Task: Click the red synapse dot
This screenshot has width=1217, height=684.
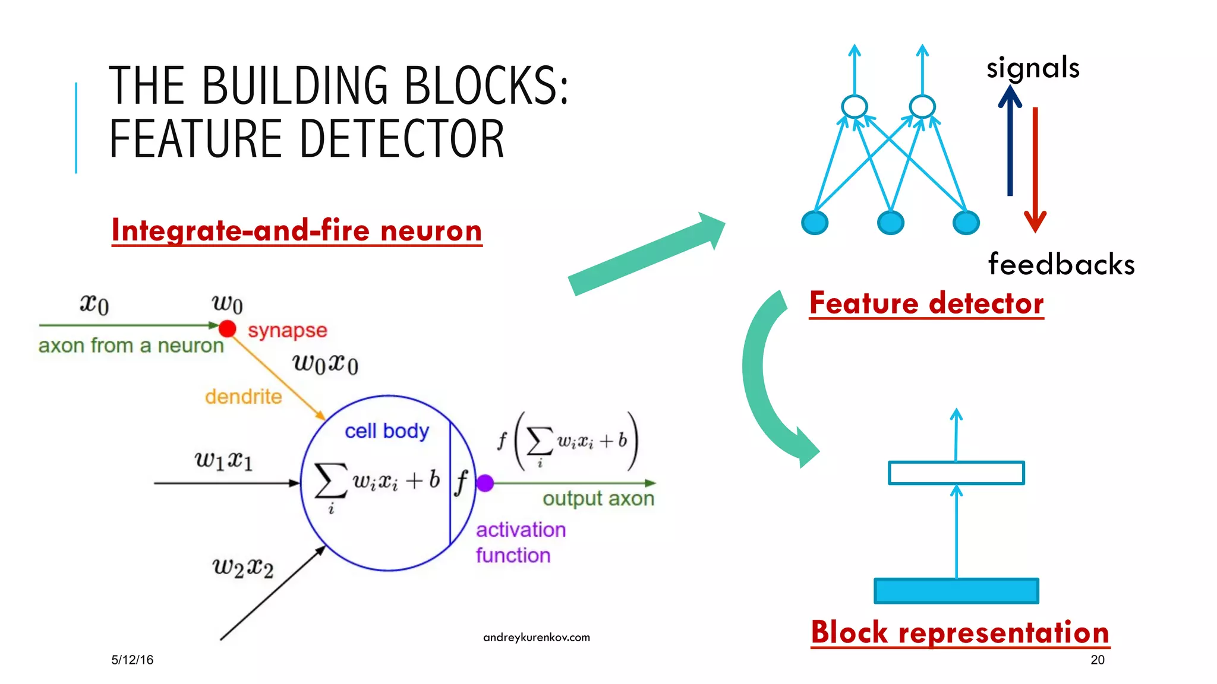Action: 227,328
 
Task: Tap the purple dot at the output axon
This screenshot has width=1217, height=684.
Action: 485,483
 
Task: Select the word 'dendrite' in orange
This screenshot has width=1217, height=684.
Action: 243,396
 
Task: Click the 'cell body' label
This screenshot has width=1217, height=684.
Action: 386,430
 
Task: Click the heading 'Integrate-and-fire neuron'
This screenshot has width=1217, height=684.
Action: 297,230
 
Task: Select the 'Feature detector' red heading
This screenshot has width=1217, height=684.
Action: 926,303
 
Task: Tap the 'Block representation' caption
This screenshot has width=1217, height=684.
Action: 960,632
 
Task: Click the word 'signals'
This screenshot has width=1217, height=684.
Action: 1033,68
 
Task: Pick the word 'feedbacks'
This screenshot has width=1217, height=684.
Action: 1061,264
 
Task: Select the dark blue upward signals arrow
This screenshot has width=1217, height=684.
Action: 1010,142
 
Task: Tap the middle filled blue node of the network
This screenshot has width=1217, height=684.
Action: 890,223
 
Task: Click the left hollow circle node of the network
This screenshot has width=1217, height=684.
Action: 854,107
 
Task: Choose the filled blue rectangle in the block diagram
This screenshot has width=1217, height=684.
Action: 956,591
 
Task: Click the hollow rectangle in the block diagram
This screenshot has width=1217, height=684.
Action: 956,473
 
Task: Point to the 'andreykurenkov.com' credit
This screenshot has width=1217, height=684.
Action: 536,637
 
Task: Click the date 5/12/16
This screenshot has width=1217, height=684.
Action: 132,660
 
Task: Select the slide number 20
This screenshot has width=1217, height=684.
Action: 1097,660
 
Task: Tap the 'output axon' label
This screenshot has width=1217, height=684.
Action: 598,499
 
